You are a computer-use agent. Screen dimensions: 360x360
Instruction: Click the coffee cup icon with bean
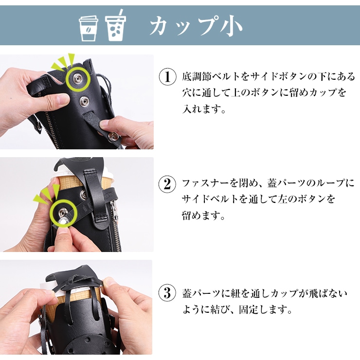89,28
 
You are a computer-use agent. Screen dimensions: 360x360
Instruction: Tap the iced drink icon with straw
115,25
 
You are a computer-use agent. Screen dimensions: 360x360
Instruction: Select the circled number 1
168,77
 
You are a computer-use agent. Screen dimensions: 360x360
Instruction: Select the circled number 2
168,184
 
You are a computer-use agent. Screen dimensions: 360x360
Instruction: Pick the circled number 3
168,293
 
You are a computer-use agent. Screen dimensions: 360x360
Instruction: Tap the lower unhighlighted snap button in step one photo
85,100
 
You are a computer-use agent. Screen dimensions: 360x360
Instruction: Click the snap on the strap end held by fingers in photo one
113,136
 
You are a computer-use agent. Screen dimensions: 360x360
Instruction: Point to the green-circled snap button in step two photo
63,212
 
